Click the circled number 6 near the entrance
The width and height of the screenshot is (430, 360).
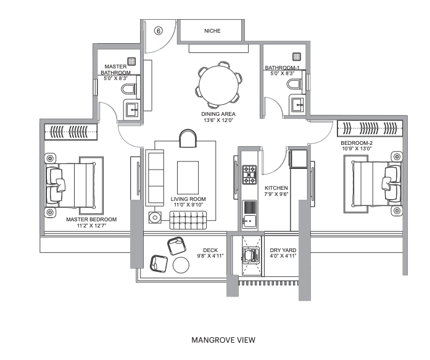[x=158, y=30]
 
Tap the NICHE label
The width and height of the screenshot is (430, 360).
[x=212, y=31]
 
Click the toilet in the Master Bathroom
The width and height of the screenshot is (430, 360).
[x=128, y=89]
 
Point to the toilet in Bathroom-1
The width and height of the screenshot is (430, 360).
[x=294, y=84]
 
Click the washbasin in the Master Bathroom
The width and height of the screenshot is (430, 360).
[x=133, y=110]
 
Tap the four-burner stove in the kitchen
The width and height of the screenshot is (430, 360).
[x=249, y=174]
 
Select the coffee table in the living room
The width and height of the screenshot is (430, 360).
[x=188, y=178]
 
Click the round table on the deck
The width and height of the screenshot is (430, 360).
[x=181, y=265]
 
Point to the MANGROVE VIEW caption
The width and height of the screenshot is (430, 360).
[x=223, y=340]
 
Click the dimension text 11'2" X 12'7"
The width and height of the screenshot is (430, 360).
[x=91, y=226]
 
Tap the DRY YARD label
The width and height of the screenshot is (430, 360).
[x=283, y=250]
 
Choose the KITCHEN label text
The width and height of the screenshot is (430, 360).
[x=276, y=188]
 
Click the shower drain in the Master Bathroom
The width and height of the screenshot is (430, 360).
[x=131, y=62]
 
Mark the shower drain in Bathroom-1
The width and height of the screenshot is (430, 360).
[x=297, y=57]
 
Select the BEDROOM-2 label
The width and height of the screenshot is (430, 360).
[x=357, y=143]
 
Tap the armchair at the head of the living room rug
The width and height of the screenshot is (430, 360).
[x=188, y=138]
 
